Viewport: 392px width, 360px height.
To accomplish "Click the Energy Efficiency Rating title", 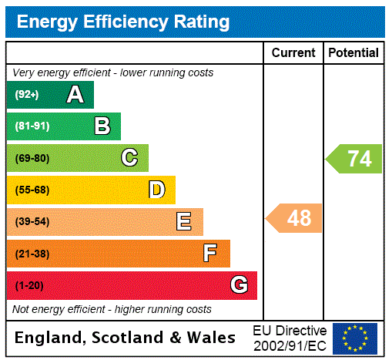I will click(x=123, y=22).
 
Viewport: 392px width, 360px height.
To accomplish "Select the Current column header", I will click(x=293, y=52).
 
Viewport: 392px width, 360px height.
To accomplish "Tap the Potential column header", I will click(x=353, y=52).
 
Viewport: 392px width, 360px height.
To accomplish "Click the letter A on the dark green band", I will click(x=75, y=95).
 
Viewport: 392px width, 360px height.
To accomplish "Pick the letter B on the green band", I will click(x=102, y=126).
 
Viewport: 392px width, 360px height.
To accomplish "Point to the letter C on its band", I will click(x=129, y=158).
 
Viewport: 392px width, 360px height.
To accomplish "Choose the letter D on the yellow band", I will click(x=156, y=190).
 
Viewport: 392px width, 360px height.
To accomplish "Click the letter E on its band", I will click(x=184, y=222).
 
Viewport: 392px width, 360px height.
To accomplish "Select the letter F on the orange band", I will click(x=210, y=254).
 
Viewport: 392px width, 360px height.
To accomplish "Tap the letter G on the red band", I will click(x=239, y=285).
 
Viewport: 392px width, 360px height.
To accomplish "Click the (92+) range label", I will click(x=27, y=95).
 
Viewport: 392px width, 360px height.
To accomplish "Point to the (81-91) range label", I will click(x=32, y=126).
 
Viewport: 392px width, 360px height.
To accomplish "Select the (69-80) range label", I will click(x=32, y=159).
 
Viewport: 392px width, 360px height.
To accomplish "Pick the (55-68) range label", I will click(x=32, y=190).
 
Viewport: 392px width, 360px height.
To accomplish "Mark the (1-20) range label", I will click(x=29, y=286).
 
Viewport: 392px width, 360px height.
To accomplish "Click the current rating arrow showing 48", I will click(x=295, y=218).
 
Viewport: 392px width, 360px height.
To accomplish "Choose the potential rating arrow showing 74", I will click(x=355, y=159).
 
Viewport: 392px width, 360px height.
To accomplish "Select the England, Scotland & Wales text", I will click(x=126, y=338).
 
